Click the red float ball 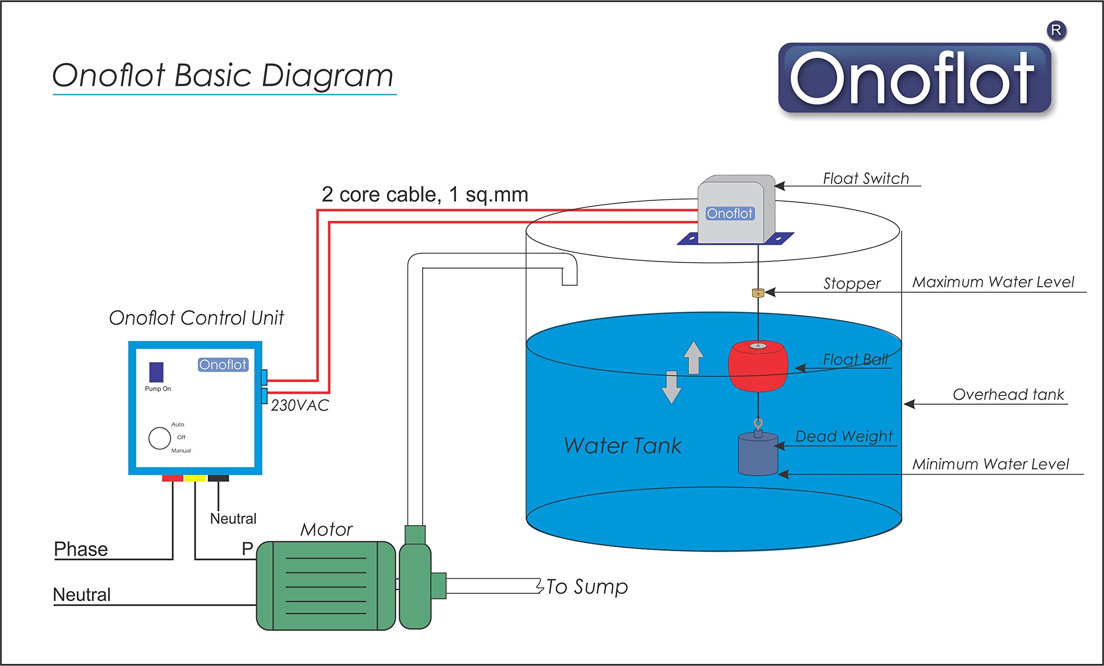point(758,367)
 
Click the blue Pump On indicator point(157,372)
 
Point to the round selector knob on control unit point(160,438)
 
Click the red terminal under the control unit point(172,478)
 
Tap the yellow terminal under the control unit point(195,478)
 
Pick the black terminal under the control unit point(218,478)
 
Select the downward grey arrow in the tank point(671,388)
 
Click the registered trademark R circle point(1056,31)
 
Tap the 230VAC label point(300,405)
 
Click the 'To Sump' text point(587,587)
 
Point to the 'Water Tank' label point(622,446)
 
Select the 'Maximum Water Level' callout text point(993,282)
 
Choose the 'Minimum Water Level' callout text point(990,464)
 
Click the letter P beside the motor point(248,549)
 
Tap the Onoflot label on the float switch point(730,214)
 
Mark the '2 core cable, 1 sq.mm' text point(425,195)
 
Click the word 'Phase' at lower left point(81,549)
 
